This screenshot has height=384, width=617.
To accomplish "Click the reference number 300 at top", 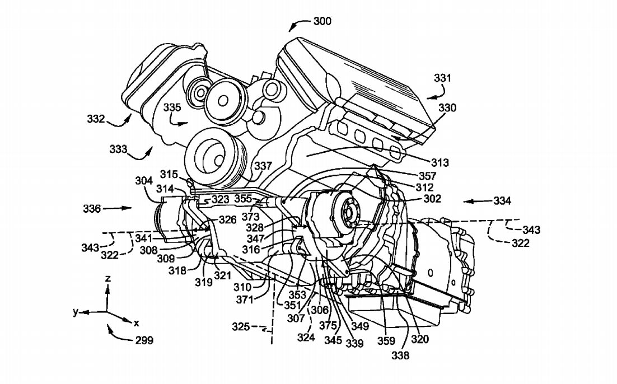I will point(322,21).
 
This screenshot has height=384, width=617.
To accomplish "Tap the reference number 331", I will point(442,79).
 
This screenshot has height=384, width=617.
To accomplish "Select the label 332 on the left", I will point(96,119).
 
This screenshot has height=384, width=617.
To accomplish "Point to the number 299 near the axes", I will point(143,340).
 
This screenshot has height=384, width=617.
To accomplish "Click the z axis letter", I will point(109,278).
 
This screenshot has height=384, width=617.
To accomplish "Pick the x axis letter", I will point(136,323).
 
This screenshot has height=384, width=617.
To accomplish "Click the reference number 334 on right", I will point(502,200).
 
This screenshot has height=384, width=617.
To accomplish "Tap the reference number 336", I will point(91,208).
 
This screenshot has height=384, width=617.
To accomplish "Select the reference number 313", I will point(440,163).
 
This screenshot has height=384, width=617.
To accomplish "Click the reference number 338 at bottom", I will point(400,354).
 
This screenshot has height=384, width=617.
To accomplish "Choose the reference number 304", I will point(144,181).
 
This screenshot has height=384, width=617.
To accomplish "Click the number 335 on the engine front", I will point(172,107).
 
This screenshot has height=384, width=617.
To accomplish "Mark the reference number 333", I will point(118,149).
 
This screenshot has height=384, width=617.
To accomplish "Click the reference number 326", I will point(227,220).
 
